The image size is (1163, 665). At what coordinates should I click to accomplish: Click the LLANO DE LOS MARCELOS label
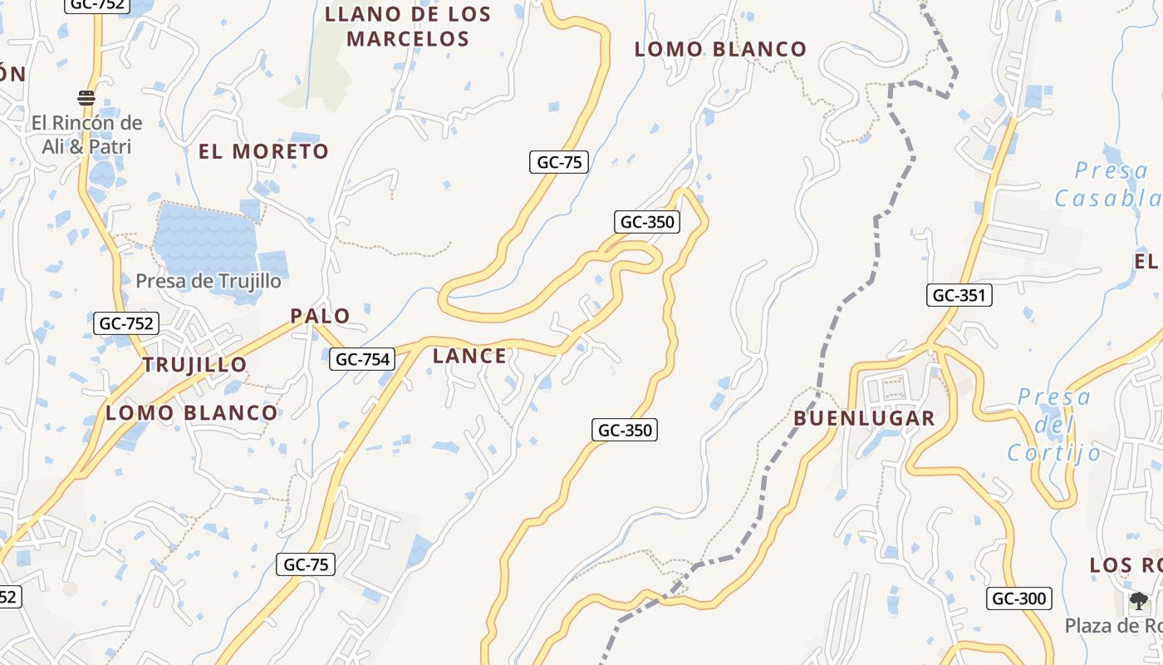point(408,27)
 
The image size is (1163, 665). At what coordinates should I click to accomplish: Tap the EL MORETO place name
point(263,151)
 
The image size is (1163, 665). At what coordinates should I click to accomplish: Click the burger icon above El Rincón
point(86,98)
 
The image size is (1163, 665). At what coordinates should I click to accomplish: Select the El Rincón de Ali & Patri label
point(87,135)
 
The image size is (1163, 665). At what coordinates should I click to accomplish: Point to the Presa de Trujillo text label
point(209,281)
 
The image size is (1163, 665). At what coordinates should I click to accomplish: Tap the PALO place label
point(320,316)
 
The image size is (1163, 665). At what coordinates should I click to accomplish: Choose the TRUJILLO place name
point(194,364)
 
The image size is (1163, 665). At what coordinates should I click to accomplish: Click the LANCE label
point(469,356)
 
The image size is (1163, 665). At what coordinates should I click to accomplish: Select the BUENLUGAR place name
point(864,418)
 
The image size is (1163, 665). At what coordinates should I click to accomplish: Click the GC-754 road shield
point(361,359)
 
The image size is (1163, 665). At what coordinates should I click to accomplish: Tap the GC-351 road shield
point(959,295)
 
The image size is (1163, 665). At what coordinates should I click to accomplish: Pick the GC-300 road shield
point(1019,598)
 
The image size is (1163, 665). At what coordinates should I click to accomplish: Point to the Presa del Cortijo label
point(1054,425)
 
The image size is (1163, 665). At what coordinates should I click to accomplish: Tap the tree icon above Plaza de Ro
point(1138,601)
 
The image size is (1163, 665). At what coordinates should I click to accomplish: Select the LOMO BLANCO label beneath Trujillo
point(192,412)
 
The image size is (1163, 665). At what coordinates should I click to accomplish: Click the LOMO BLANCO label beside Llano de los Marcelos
point(720,49)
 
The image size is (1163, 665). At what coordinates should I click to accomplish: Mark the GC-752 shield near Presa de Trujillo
point(126,323)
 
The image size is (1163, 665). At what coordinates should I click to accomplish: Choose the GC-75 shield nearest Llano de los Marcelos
point(559,162)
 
